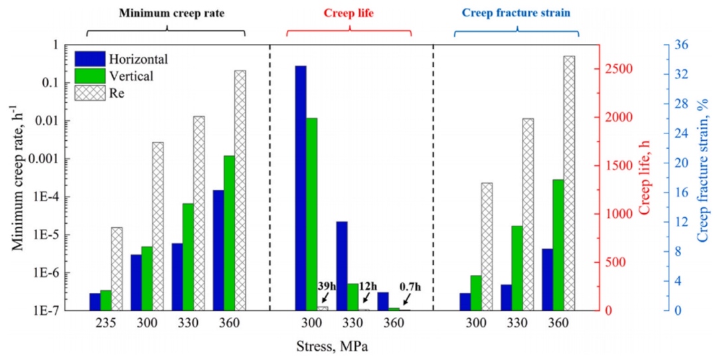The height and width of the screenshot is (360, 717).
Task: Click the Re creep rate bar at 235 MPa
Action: (116, 268)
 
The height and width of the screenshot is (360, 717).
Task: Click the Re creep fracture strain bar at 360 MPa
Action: (569, 183)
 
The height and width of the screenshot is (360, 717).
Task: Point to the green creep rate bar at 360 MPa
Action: (229, 232)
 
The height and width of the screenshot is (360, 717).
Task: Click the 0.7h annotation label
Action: (410, 287)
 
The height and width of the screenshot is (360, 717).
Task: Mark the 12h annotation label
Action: (370, 287)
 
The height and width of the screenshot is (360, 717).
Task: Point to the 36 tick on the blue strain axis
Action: (682, 45)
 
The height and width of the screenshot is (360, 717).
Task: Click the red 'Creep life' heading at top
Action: (349, 13)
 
